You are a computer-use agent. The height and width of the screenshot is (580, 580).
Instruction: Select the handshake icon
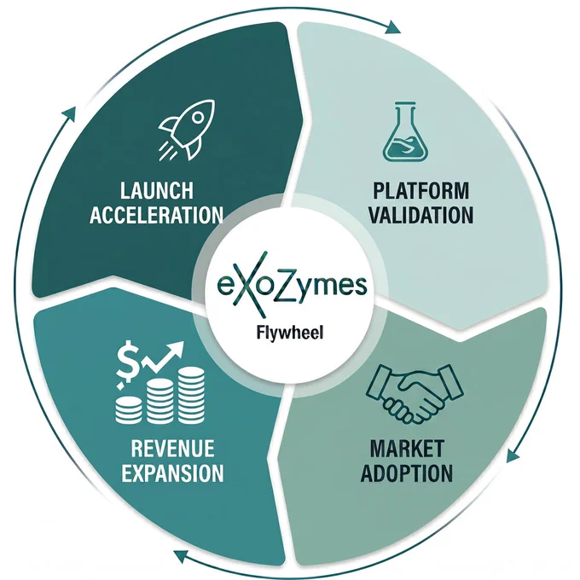[414, 393]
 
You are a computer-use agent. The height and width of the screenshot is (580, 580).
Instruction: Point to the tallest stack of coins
[191, 396]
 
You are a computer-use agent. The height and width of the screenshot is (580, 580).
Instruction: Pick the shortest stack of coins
[128, 410]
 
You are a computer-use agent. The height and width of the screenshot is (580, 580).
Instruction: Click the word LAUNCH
[156, 190]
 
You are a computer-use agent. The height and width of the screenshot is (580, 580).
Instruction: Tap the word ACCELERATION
[156, 215]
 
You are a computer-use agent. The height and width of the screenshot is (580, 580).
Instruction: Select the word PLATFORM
[420, 190]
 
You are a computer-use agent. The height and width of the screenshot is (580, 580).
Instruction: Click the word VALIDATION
[421, 215]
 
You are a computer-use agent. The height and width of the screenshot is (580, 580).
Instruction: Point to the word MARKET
[407, 449]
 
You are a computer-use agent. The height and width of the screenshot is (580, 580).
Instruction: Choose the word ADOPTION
[407, 473]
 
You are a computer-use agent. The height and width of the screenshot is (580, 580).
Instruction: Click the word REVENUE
[173, 449]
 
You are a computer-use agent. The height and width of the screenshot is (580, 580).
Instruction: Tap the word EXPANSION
[173, 473]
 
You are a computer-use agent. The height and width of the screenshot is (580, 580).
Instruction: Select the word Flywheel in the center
[290, 333]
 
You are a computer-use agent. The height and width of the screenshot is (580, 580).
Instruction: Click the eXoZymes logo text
[292, 285]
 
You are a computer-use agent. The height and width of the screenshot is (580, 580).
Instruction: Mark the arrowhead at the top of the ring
[392, 27]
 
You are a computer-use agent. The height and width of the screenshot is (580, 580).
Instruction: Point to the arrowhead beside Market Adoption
[513, 455]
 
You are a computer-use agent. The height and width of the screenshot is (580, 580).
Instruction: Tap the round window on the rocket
[198, 118]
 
